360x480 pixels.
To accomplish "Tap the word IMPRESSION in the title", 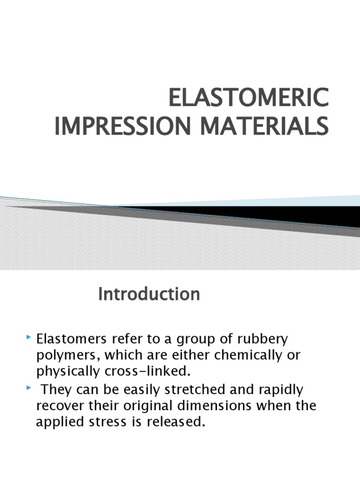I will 114,127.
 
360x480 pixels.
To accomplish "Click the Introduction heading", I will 149,294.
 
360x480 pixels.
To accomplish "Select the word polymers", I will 66,356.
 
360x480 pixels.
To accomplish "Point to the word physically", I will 67,372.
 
